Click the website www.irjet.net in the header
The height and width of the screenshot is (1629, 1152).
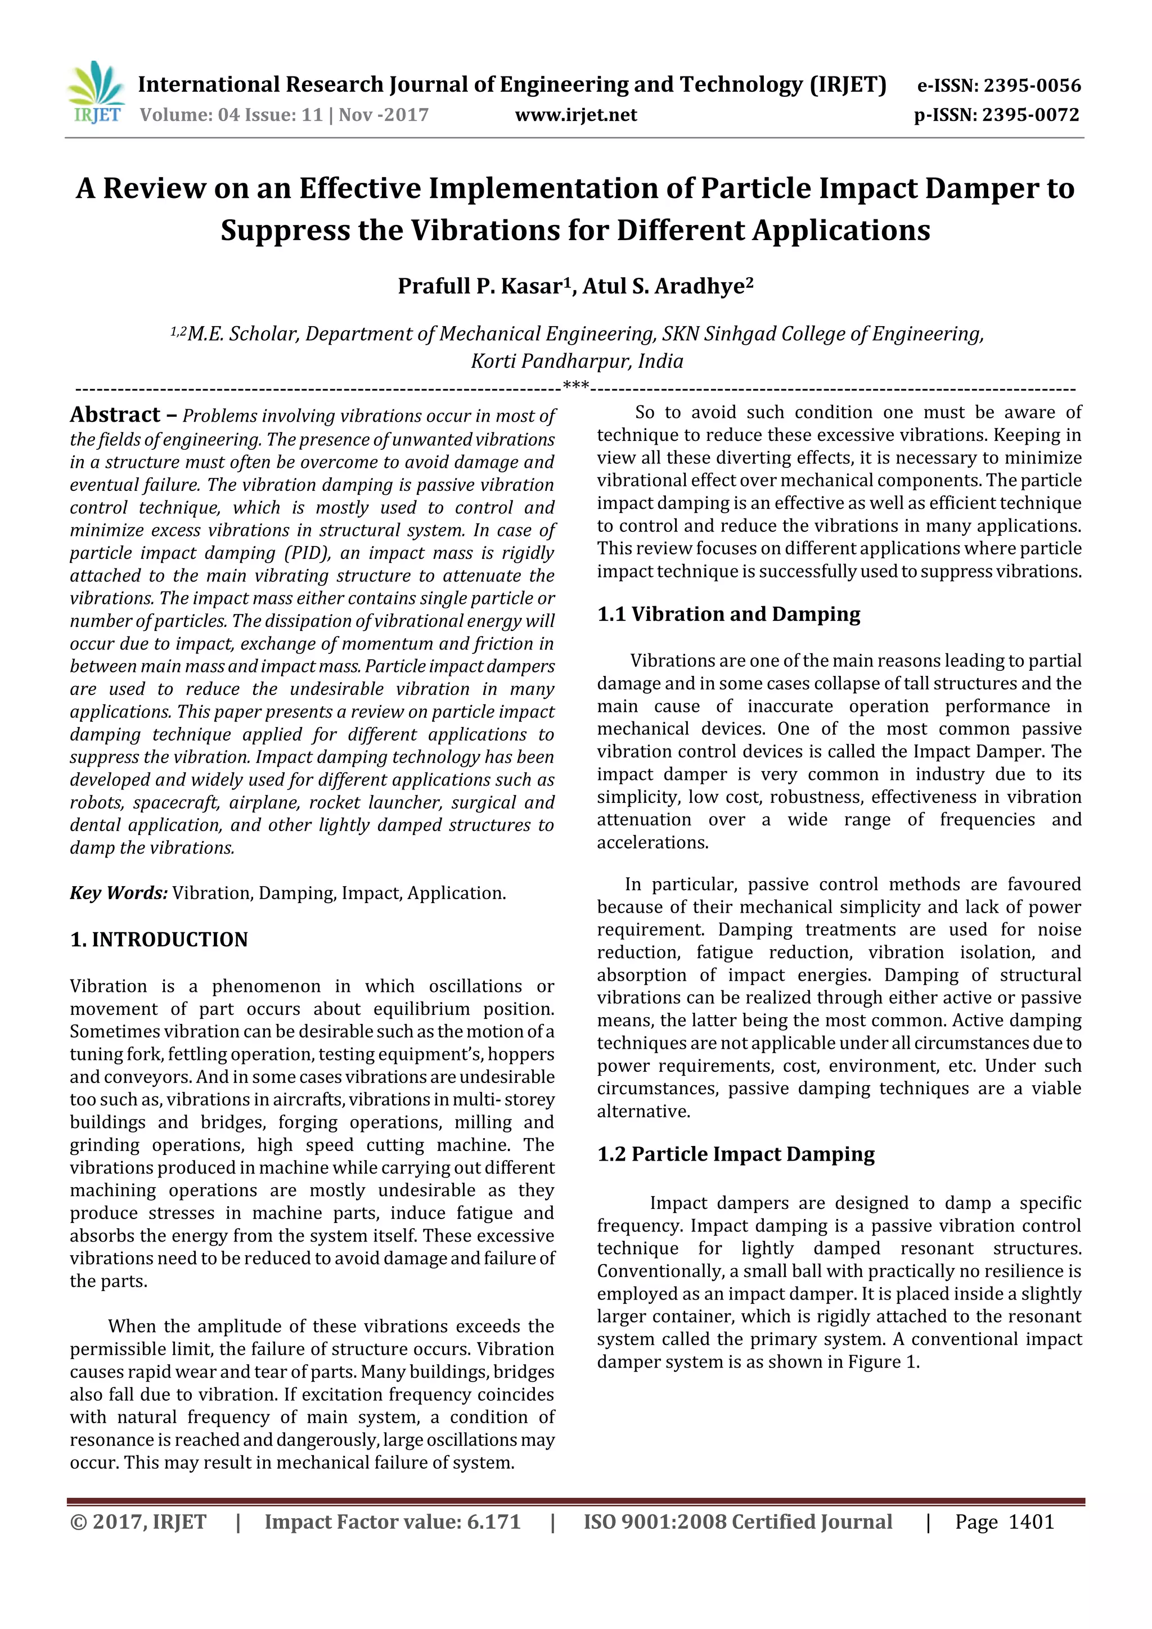pos(575,115)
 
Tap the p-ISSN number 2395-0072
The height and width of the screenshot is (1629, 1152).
pos(1030,115)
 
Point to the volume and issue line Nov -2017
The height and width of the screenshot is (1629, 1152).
pos(284,115)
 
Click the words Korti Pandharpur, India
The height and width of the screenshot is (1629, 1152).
pos(577,361)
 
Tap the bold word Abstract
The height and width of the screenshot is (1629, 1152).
pos(115,414)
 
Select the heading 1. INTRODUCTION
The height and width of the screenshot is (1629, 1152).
pos(159,940)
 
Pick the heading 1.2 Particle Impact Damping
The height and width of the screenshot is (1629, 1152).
pos(735,1154)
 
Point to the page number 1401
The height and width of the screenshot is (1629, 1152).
pos(1030,1522)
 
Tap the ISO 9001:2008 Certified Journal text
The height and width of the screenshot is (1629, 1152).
pos(737,1522)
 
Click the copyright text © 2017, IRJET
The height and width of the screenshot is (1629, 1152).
pos(138,1522)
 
